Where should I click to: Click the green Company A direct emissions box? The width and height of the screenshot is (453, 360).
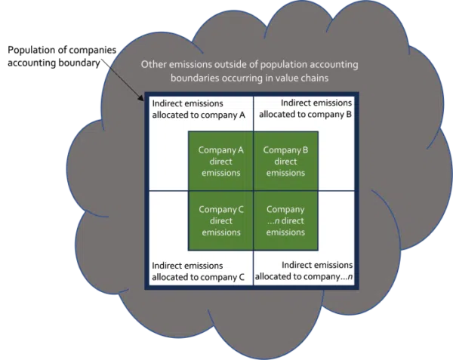[220, 161]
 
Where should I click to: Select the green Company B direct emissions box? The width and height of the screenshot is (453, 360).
[286, 161]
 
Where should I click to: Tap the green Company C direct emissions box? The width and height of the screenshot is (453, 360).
[220, 220]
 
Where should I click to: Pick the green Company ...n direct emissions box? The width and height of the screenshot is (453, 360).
[286, 220]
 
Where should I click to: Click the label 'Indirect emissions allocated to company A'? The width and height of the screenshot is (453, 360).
[199, 109]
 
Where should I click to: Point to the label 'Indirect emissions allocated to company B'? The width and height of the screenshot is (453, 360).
[305, 109]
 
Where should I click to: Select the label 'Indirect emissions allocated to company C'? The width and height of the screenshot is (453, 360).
[198, 272]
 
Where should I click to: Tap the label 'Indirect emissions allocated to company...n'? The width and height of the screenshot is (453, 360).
[304, 271]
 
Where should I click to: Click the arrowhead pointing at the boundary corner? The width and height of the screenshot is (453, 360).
[141, 98]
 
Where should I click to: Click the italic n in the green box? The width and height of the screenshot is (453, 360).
[277, 221]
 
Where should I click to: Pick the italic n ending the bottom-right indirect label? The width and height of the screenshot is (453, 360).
[350, 277]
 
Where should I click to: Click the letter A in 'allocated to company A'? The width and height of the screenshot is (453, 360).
[242, 115]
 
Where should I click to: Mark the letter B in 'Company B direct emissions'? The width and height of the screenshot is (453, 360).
[305, 150]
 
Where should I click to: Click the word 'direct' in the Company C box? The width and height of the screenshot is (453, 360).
[221, 221]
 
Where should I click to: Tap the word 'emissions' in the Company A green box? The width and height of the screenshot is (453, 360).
[221, 173]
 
